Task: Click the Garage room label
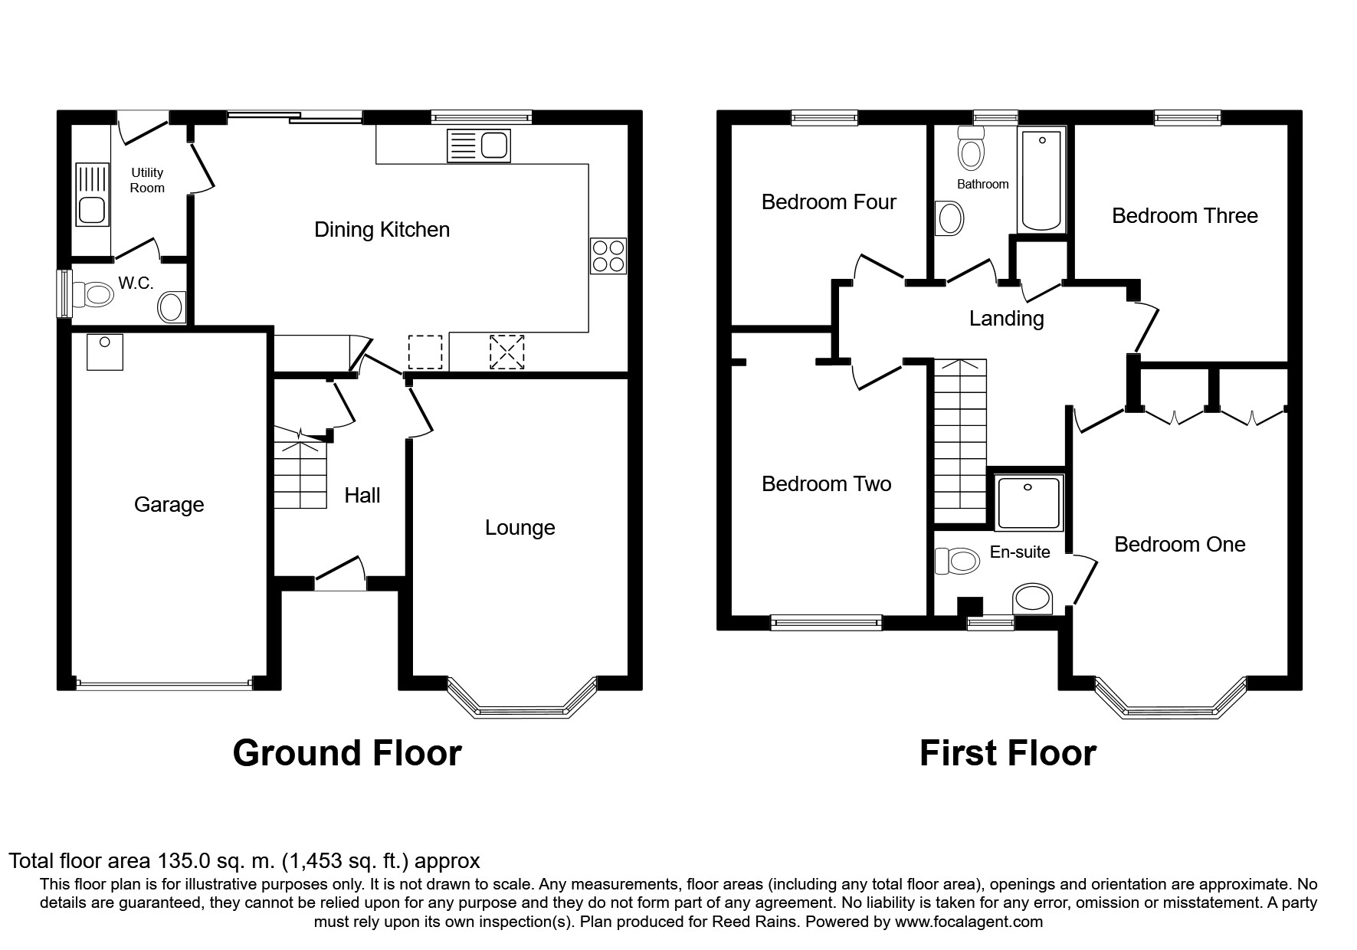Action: (x=169, y=505)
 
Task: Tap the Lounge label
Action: (x=520, y=528)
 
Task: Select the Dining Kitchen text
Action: (x=382, y=230)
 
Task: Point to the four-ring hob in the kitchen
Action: (x=608, y=256)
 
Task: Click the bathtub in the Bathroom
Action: (x=1041, y=180)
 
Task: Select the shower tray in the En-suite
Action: (x=1028, y=503)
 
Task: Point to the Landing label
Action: (x=1006, y=319)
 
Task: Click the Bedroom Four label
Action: (x=828, y=202)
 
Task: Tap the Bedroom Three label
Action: (x=1184, y=216)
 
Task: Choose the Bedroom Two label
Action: (x=826, y=484)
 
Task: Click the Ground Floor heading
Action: (x=347, y=753)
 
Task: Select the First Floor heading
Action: (x=1007, y=753)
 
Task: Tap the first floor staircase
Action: (x=959, y=441)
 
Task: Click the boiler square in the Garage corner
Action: (x=105, y=352)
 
